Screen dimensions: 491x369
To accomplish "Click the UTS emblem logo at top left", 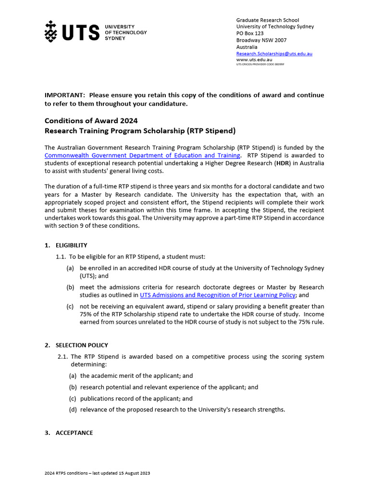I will pyautogui.click(x=50, y=31).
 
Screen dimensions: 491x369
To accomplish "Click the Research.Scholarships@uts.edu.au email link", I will pyautogui.click(x=274, y=54).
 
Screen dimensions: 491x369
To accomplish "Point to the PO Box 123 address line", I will pyautogui.click(x=250, y=34).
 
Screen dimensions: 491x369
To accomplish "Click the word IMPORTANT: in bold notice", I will pyautogui.click(x=65, y=95).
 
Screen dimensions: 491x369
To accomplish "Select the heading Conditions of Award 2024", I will pyautogui.click(x=91, y=121).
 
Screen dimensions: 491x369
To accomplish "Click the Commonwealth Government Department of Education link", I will pyautogui.click(x=142, y=155).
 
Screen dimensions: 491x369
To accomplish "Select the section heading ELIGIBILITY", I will pyautogui.click(x=72, y=245).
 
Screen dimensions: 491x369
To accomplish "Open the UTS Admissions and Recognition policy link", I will pyautogui.click(x=217, y=295).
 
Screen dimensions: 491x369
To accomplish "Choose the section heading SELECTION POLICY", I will pyautogui.click(x=82, y=345).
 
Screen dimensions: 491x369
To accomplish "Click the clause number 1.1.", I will pyautogui.click(x=61, y=257).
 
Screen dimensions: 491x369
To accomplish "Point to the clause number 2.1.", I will pyautogui.click(x=62, y=356).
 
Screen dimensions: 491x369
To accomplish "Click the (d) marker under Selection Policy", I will pyautogui.click(x=73, y=409).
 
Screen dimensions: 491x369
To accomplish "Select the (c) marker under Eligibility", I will pyautogui.click(x=70, y=306).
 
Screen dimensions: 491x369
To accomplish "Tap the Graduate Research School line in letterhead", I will pyautogui.click(x=267, y=20).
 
